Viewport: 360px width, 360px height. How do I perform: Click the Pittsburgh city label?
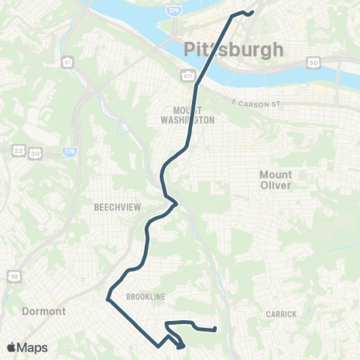point(234,50)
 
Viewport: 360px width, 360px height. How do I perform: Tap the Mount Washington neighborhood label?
point(189,115)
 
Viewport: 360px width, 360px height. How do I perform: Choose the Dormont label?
point(45,310)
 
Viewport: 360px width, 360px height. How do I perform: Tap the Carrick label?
point(281,313)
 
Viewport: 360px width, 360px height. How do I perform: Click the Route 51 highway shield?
point(67,61)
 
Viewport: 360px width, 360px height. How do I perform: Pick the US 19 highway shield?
point(15,277)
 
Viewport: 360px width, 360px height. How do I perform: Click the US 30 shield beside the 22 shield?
point(35,151)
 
